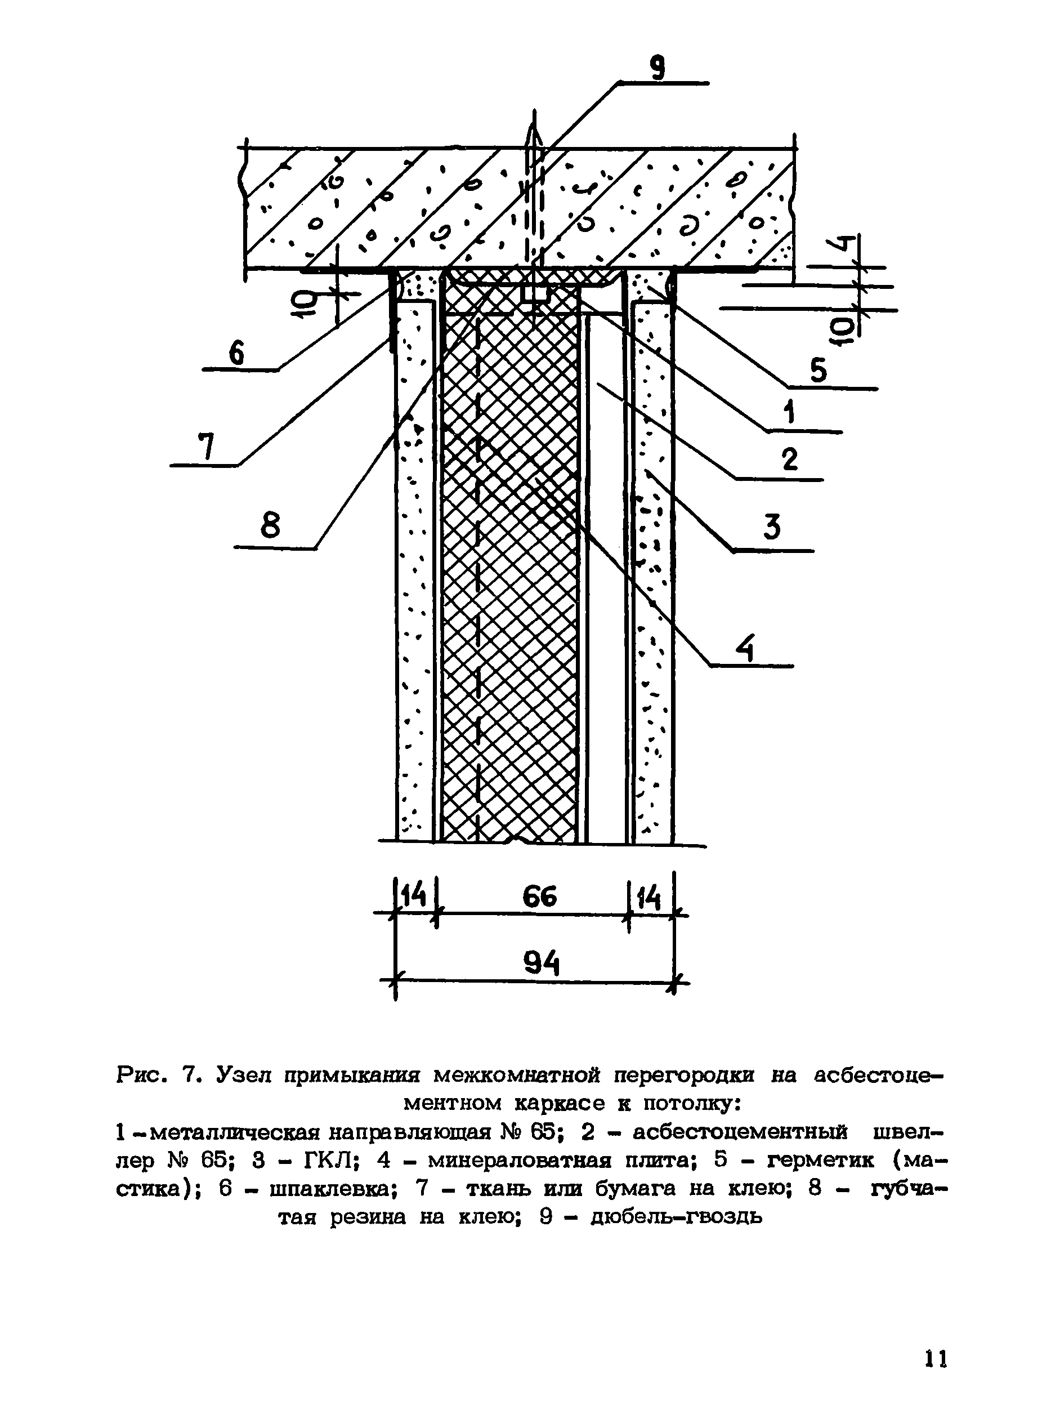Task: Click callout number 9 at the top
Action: click(x=658, y=68)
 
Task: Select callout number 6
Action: click(x=236, y=354)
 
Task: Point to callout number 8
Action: click(x=270, y=527)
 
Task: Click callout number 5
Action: click(x=818, y=371)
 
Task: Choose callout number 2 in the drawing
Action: click(x=790, y=459)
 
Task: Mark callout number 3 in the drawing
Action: click(x=772, y=528)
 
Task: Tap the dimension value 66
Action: click(x=539, y=898)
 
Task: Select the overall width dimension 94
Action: click(x=542, y=963)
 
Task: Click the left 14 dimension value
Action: click(x=414, y=898)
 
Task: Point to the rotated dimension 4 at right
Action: click(x=842, y=244)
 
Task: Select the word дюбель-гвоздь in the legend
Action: click(x=676, y=1217)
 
